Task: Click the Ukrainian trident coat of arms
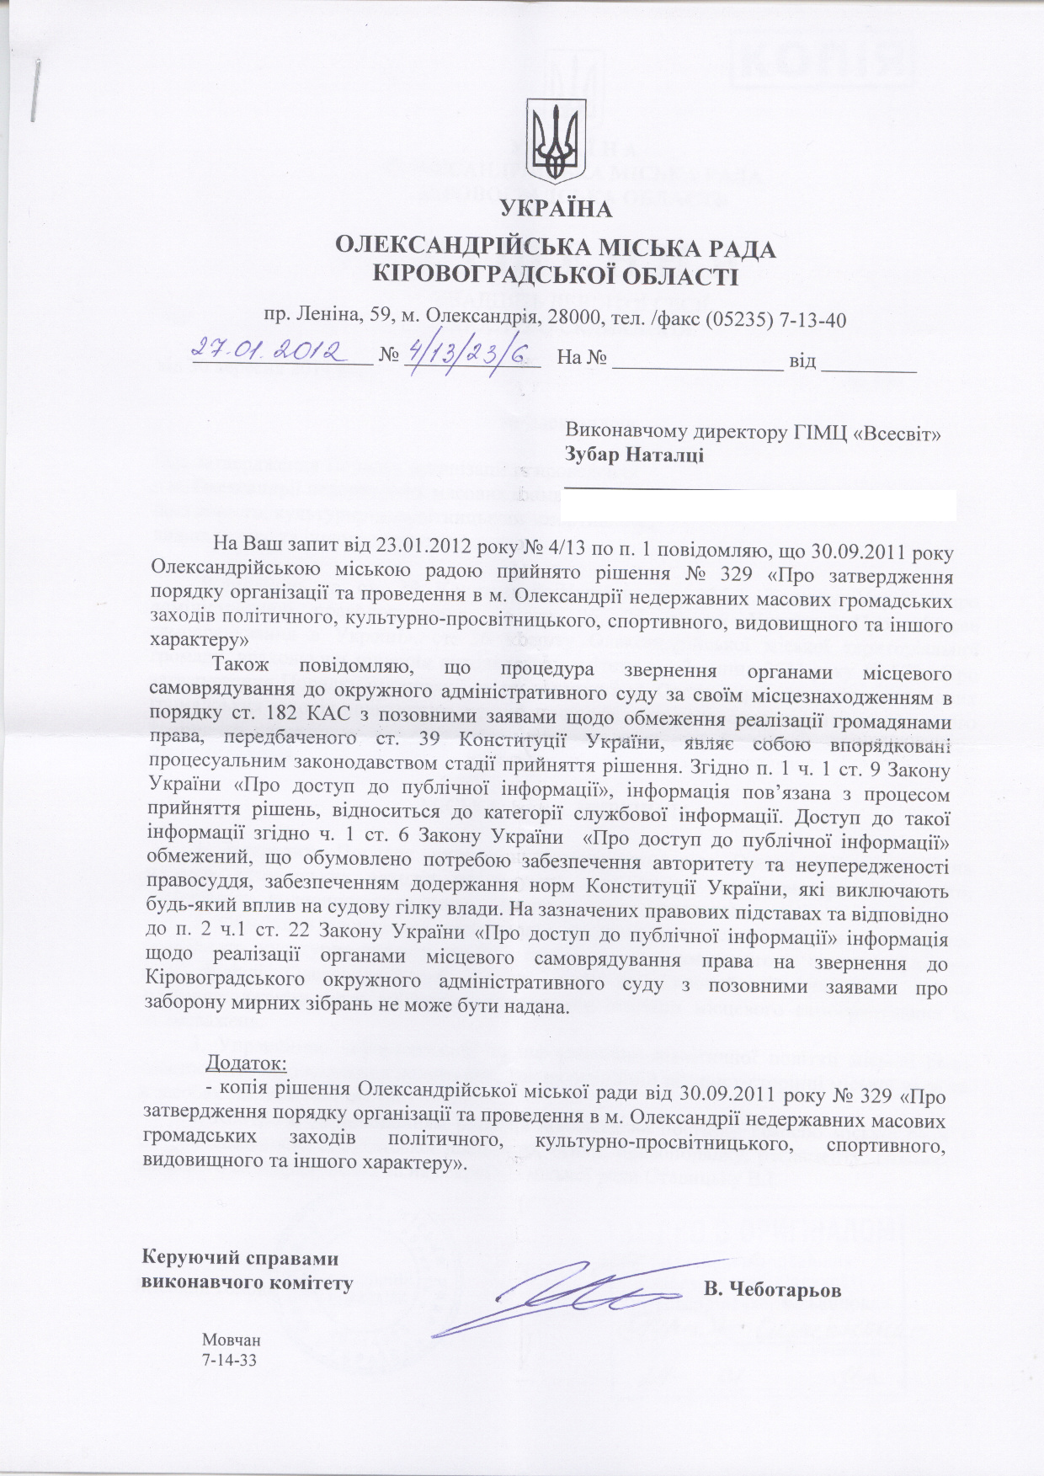coord(555,142)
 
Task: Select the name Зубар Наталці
coord(634,456)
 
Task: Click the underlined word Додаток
coord(246,1059)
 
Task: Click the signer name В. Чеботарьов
coord(771,1289)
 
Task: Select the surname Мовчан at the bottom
coord(231,1340)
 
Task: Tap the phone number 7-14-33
coord(228,1360)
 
